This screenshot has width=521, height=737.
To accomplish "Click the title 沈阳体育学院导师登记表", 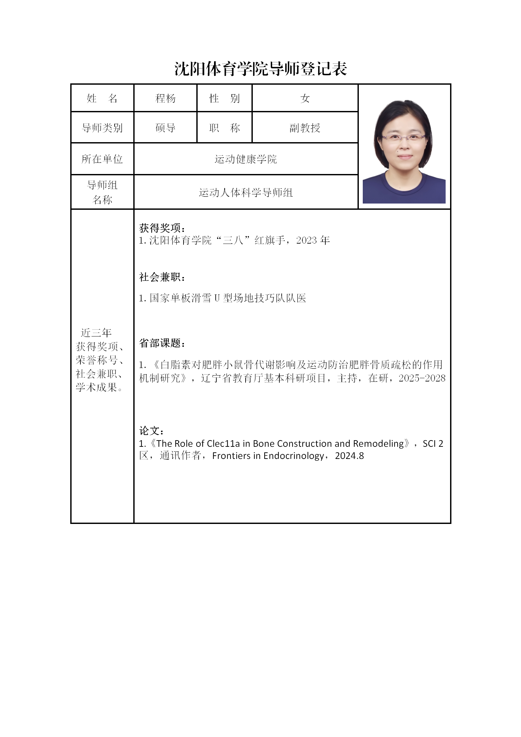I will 261,69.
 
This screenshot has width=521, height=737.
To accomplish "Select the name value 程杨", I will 165,98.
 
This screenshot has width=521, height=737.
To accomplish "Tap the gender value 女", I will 305,98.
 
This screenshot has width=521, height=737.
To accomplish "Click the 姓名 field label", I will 102,98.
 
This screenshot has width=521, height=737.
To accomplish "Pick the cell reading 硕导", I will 165,127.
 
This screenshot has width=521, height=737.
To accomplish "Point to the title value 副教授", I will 305,127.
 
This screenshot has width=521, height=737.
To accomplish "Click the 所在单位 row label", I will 102,159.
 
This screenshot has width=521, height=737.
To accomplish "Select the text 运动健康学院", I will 246,159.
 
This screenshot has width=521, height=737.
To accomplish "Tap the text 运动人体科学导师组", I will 246,192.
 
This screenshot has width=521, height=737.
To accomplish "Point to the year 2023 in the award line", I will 306,240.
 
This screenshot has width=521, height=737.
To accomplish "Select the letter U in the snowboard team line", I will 217,298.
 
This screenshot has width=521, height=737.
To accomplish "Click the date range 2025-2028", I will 422,378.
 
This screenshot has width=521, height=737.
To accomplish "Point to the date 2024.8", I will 349,456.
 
